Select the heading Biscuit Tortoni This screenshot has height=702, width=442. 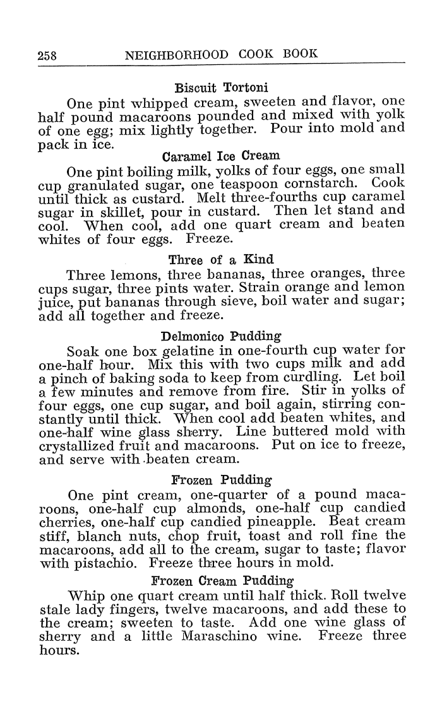[217, 86]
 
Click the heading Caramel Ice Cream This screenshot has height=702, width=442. [220, 155]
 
